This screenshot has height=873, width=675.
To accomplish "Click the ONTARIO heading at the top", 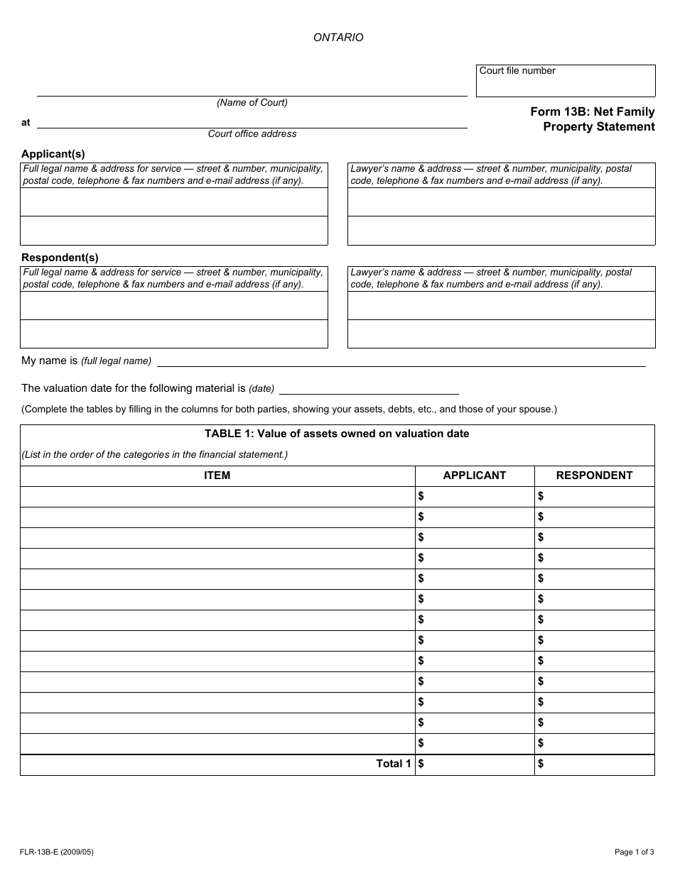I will click(x=338, y=38).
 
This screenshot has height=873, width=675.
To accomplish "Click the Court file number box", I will click(x=566, y=82).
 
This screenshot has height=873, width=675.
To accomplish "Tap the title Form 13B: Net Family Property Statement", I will click(x=593, y=119).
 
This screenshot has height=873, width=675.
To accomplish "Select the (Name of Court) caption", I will click(x=252, y=102).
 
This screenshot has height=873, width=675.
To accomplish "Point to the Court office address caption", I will click(x=252, y=133).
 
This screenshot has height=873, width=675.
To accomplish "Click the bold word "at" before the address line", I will click(x=26, y=122).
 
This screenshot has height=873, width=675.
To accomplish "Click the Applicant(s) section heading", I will click(x=53, y=153).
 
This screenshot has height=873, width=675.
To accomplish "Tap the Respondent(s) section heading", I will click(x=60, y=257).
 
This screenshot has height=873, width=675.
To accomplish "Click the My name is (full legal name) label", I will click(x=86, y=361).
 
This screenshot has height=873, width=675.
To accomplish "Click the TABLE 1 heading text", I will click(x=337, y=434).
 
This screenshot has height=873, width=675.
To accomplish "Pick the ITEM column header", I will click(x=217, y=476).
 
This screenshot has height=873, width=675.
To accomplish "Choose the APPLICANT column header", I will click(x=475, y=476).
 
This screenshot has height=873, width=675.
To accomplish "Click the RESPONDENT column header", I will click(x=594, y=476).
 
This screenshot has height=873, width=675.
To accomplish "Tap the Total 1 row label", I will click(x=394, y=764).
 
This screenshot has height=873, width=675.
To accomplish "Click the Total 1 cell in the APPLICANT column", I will click(x=475, y=764).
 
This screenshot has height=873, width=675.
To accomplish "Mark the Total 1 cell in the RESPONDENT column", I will click(x=594, y=764).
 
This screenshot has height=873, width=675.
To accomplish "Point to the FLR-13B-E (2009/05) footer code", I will click(x=57, y=852).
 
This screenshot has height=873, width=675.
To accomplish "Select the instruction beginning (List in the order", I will click(x=155, y=454).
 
